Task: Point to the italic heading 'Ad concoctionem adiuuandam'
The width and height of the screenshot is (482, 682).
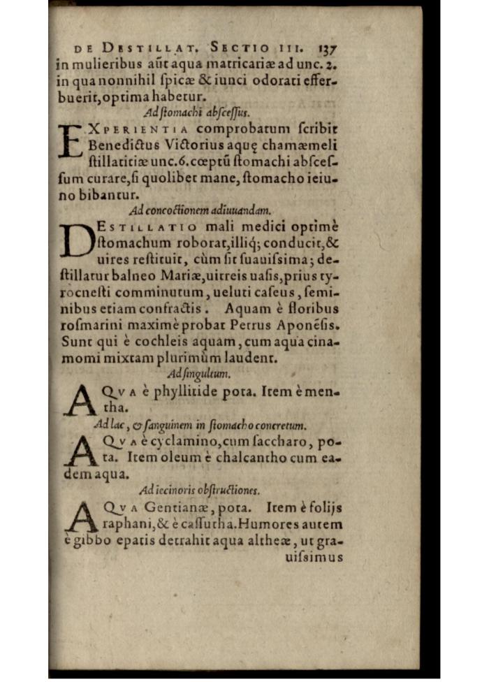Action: coord(200,210)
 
